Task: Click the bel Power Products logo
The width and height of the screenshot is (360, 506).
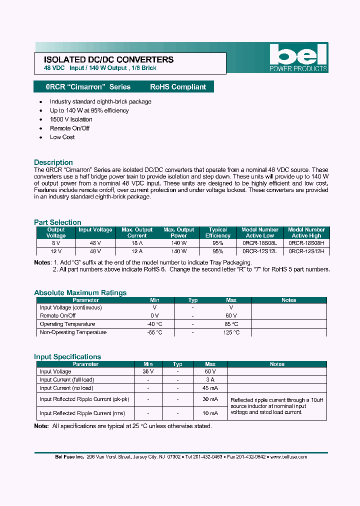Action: [298, 57]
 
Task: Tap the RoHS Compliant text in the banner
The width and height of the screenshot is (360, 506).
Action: [178, 87]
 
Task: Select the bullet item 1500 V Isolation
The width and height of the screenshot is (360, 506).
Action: [71, 119]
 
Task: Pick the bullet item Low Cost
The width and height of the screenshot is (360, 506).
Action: [62, 137]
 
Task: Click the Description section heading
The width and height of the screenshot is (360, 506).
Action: [53, 162]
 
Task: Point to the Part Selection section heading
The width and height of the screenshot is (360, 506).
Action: [57, 222]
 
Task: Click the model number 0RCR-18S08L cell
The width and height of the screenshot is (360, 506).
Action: [260, 243]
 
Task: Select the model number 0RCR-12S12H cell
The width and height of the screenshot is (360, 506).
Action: [306, 251]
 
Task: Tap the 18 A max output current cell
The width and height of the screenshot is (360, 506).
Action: [137, 243]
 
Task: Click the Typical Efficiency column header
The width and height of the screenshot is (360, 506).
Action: [218, 232]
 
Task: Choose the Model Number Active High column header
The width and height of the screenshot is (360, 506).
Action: [306, 232]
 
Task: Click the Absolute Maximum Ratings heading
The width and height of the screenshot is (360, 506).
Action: [80, 293]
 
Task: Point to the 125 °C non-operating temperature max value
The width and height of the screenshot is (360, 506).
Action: [230, 332]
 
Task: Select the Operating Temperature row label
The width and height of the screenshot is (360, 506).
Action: [67, 324]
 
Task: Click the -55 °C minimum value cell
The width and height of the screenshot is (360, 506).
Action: [154, 332]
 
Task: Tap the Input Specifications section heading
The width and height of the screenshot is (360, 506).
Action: [67, 357]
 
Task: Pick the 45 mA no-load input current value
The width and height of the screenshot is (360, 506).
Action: [210, 388]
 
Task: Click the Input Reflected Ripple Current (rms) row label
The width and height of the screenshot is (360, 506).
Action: [82, 413]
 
